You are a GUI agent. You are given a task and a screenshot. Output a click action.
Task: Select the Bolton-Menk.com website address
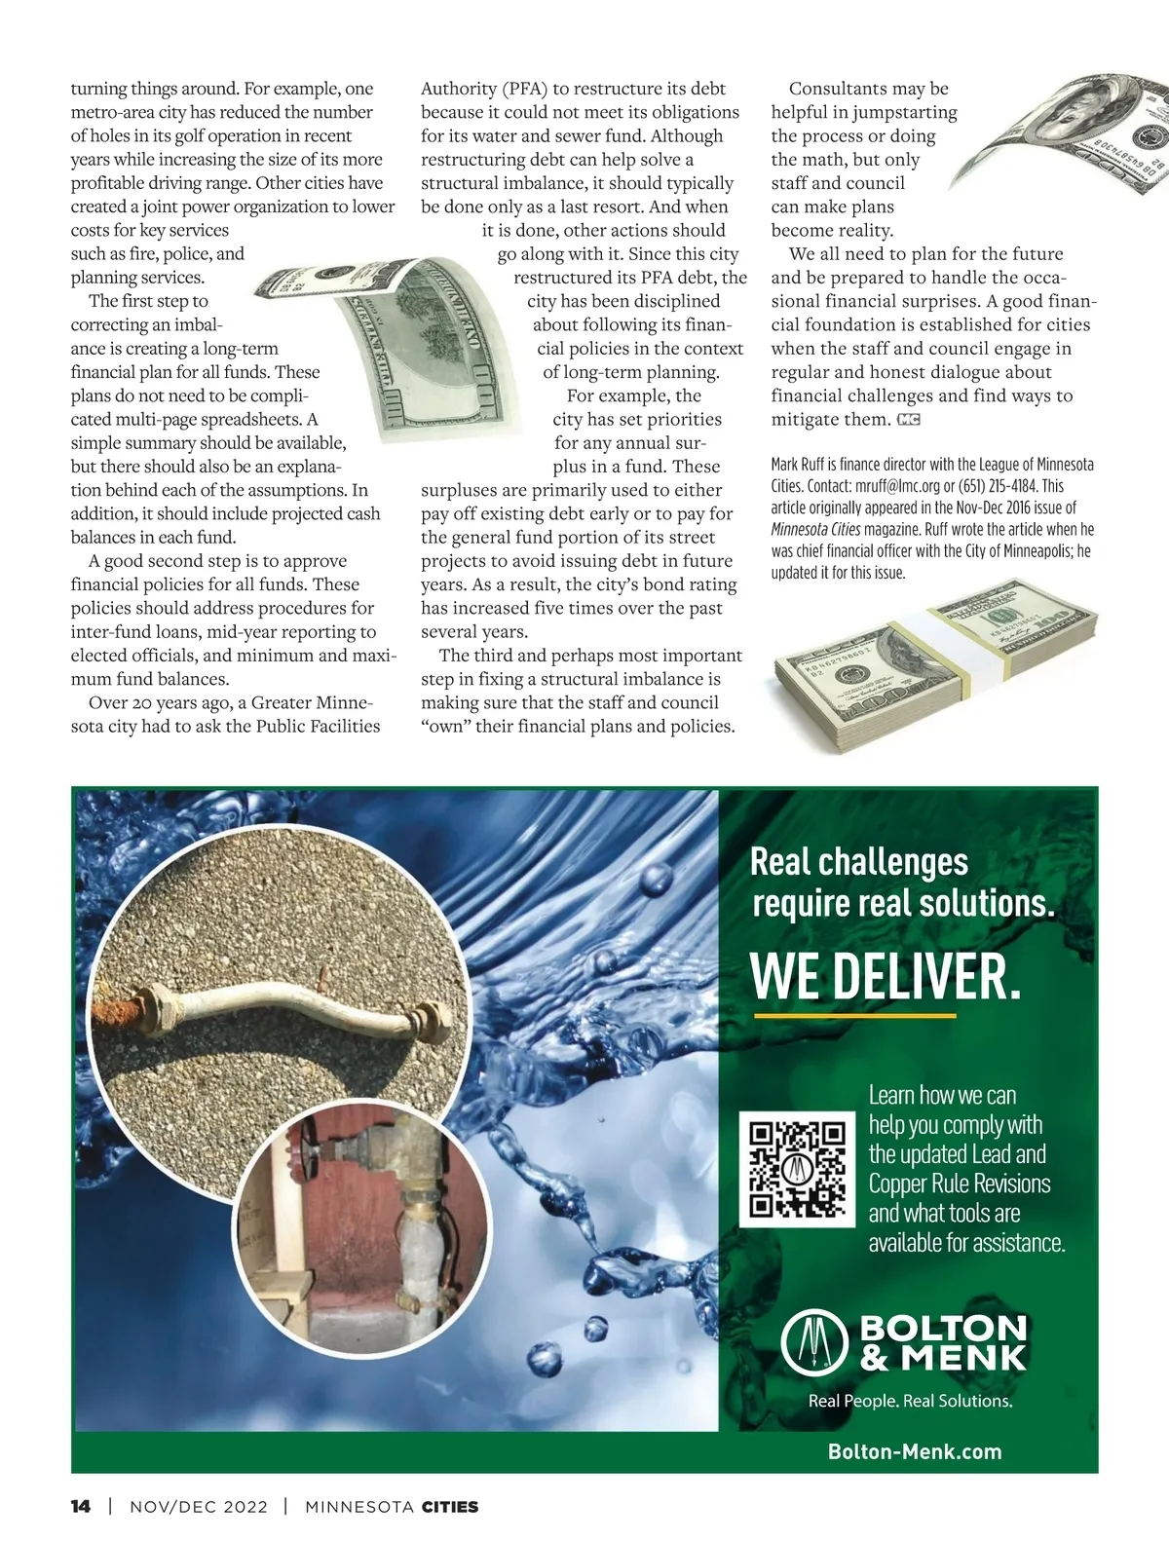(915, 1451)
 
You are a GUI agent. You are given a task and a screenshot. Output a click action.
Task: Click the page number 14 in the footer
(81, 1507)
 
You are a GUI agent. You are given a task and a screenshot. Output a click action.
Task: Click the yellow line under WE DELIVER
(853, 1016)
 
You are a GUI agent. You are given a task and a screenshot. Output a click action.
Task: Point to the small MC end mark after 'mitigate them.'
(908, 420)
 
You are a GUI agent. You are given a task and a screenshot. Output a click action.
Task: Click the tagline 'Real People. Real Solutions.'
(910, 1401)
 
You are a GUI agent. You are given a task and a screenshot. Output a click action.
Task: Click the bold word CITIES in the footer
(449, 1507)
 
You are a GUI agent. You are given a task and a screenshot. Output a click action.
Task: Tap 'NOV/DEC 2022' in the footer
(198, 1507)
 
